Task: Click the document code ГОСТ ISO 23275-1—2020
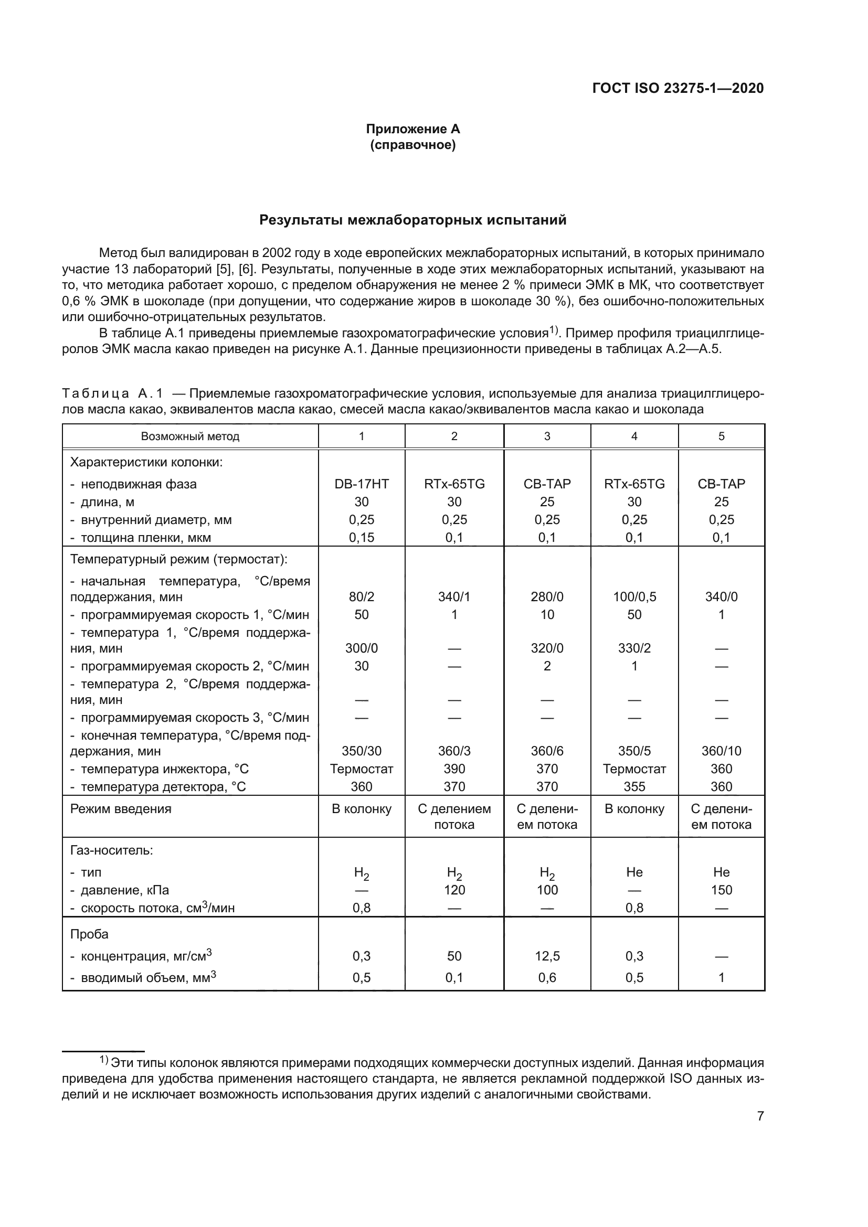click(x=678, y=88)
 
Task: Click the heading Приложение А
click(x=412, y=129)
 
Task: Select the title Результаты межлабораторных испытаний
click(x=412, y=220)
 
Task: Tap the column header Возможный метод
click(x=190, y=436)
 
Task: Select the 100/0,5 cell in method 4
click(x=634, y=597)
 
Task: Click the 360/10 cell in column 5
click(x=721, y=751)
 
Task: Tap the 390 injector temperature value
click(x=454, y=769)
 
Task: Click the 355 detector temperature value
click(x=634, y=787)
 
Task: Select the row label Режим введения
click(x=121, y=808)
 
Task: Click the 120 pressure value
click(x=454, y=890)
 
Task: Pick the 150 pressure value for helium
click(x=721, y=890)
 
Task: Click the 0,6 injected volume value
click(x=547, y=977)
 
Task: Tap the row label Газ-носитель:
click(x=112, y=850)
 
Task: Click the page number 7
click(x=760, y=1116)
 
